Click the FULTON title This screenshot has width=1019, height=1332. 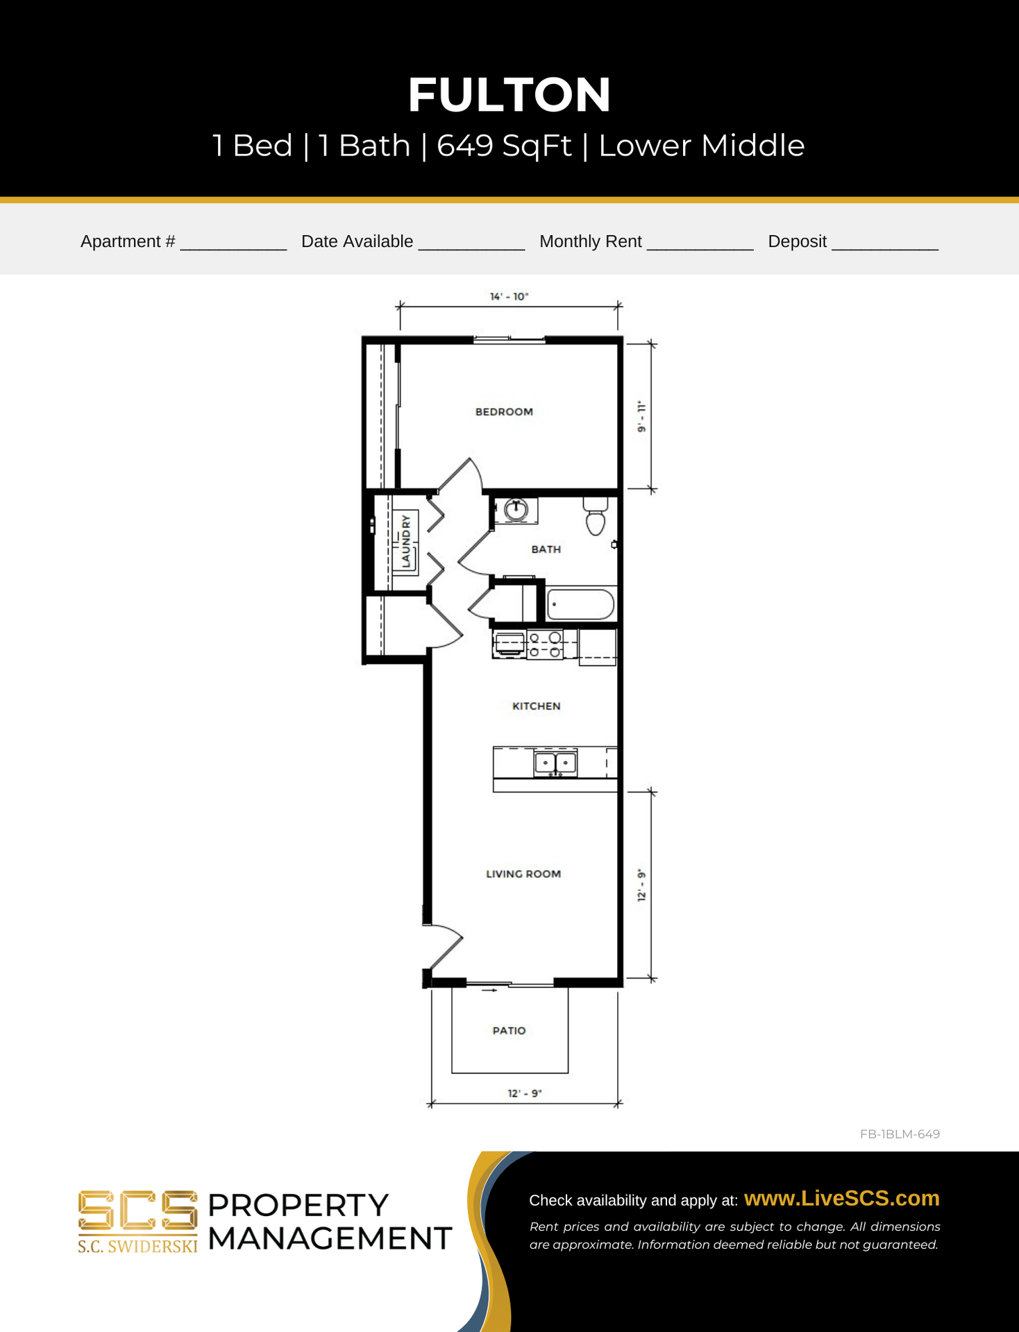click(509, 94)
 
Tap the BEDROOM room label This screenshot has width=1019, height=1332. click(504, 411)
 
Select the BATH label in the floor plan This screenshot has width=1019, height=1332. click(546, 549)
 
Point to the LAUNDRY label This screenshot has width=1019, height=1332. click(406, 541)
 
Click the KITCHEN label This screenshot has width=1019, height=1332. click(536, 706)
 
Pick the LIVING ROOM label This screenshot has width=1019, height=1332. click(523, 873)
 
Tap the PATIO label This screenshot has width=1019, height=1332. click(509, 1030)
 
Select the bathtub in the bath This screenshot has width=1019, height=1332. click(580, 604)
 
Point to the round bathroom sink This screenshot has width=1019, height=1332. click(516, 510)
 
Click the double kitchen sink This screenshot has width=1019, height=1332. click(555, 763)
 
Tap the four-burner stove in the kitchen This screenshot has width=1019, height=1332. click(545, 644)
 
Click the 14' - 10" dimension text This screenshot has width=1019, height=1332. click(509, 296)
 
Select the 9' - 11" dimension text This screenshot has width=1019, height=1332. click(642, 416)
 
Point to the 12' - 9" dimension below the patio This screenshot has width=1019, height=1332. click(525, 1093)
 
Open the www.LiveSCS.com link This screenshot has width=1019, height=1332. click(841, 1198)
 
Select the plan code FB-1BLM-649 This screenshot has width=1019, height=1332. click(900, 1134)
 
